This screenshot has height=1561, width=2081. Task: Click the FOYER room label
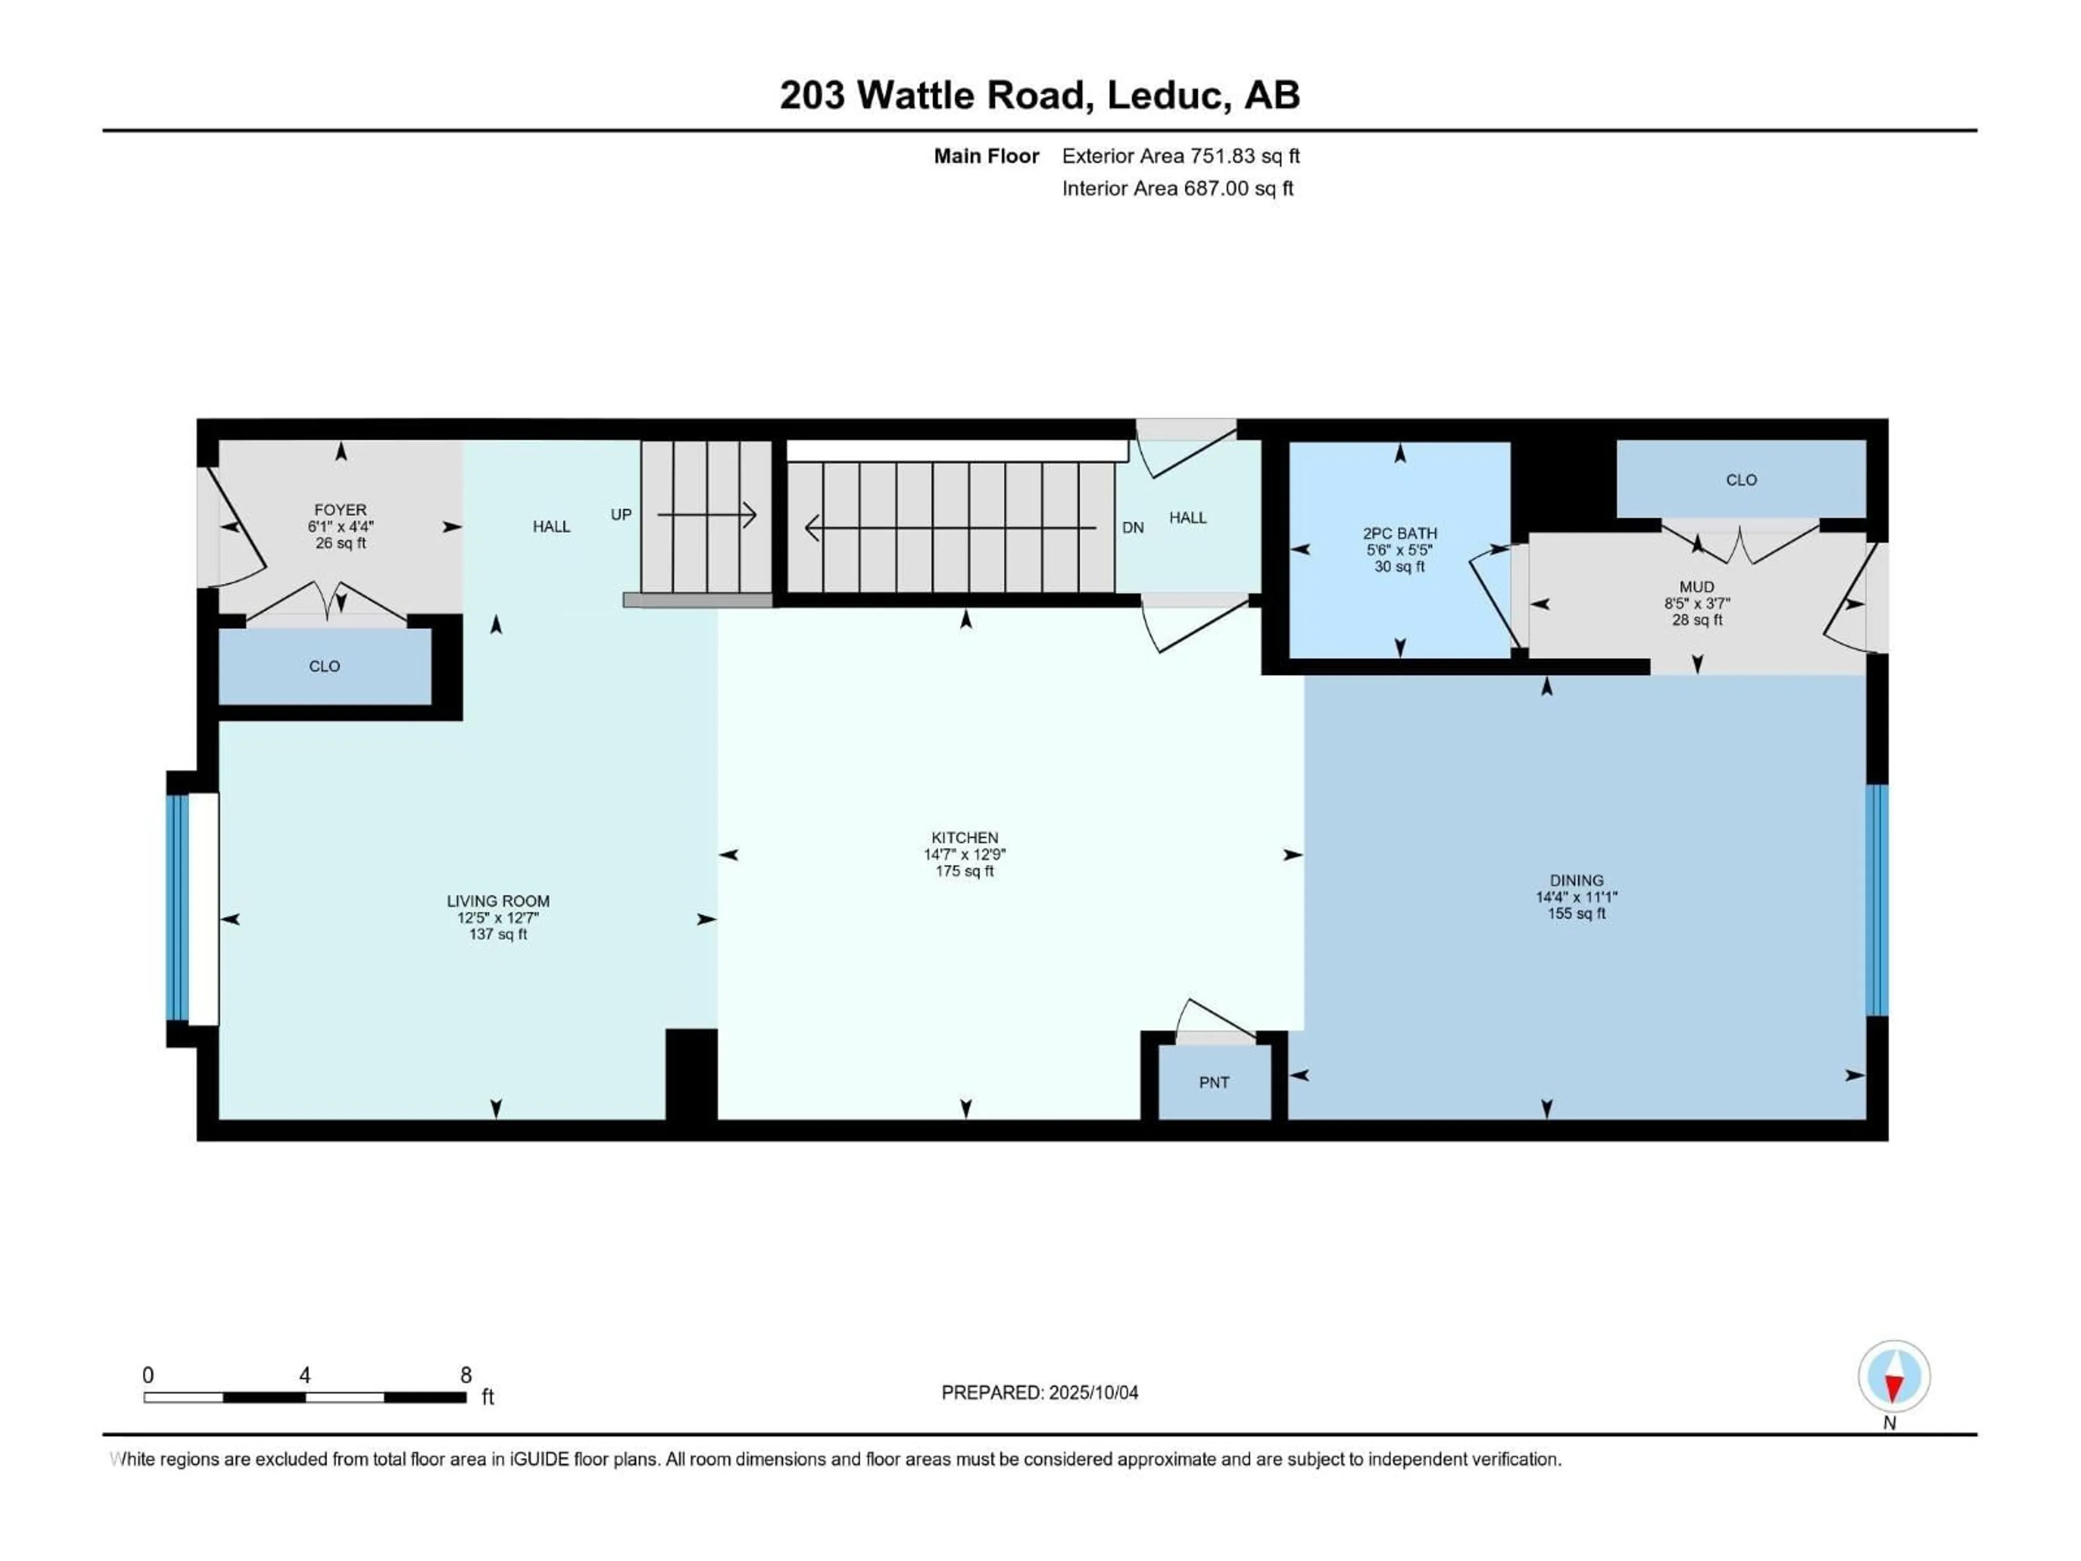tap(340, 509)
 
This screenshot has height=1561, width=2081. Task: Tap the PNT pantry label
tap(1213, 1082)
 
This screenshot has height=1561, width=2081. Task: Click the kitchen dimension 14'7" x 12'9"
tap(964, 854)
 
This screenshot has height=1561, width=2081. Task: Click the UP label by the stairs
tap(621, 515)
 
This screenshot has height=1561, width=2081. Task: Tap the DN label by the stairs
tap(1133, 528)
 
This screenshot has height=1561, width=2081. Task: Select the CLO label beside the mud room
tap(1741, 480)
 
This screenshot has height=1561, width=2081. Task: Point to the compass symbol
tap(1894, 1377)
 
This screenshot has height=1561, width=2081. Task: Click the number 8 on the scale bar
tap(466, 1375)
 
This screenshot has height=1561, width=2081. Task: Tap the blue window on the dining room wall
tap(1876, 900)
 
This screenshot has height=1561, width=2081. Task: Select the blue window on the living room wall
tap(177, 908)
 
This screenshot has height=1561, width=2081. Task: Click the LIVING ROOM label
tap(497, 900)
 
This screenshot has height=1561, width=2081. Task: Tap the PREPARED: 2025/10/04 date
tap(1039, 1392)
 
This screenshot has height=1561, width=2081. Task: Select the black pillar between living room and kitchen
tap(691, 1074)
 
